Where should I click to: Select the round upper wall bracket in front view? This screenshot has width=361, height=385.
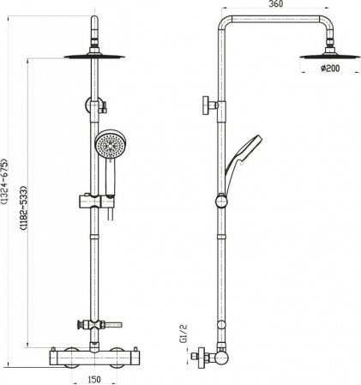[x=93, y=106]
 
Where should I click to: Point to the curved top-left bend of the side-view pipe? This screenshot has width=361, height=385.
[x=225, y=23]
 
